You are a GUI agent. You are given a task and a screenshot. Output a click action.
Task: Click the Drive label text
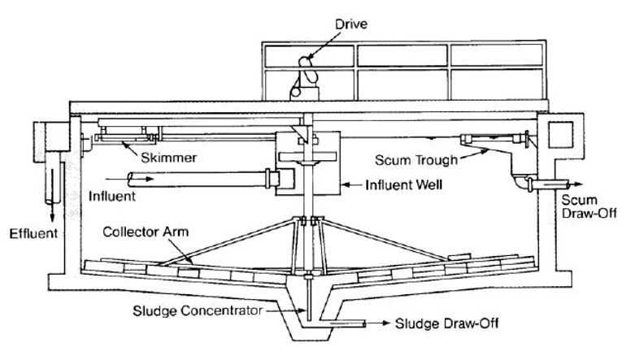click(x=351, y=24)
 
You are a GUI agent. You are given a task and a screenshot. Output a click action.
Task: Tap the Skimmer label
click(x=168, y=158)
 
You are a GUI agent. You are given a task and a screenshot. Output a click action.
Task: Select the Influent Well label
click(x=403, y=185)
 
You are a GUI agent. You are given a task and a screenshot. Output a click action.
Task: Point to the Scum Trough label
click(x=416, y=160)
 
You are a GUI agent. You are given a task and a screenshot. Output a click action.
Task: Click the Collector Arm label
click(x=146, y=232)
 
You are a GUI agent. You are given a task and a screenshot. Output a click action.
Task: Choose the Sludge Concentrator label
click(x=198, y=311)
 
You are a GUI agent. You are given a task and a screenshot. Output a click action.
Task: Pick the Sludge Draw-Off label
click(x=447, y=323)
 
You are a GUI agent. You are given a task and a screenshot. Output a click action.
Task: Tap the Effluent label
click(x=33, y=234)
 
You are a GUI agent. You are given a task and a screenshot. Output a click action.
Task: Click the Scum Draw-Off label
click(x=589, y=206)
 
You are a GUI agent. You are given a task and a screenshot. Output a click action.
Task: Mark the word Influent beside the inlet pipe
click(x=112, y=197)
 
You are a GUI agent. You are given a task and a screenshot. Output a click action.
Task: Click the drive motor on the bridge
click(x=305, y=79)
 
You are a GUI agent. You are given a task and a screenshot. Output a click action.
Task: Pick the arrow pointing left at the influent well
click(x=351, y=185)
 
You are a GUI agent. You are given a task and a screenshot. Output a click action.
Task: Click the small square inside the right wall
click(x=560, y=135)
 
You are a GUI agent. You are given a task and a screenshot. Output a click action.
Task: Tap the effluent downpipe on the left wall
click(x=53, y=178)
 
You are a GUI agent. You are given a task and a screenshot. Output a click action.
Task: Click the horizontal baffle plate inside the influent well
click(x=308, y=156)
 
